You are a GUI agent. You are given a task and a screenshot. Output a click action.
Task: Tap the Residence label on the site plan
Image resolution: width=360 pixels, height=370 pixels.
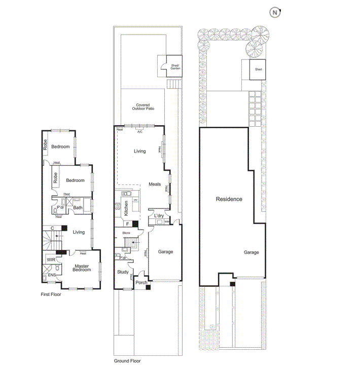[229, 199]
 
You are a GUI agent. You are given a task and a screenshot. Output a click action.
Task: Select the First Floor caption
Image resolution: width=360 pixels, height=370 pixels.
[51, 294]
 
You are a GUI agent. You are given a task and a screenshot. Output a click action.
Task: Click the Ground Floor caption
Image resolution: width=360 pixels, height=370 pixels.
[127, 361]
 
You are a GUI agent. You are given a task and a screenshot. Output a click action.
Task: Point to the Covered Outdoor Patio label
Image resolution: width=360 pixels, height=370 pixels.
[142, 107]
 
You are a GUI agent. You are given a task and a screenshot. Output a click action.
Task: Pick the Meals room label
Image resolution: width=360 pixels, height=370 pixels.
[155, 184]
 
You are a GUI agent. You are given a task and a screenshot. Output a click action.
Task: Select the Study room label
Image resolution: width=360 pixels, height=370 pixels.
[123, 272]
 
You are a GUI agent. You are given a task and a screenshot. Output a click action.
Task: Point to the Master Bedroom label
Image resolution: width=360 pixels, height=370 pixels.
[82, 268]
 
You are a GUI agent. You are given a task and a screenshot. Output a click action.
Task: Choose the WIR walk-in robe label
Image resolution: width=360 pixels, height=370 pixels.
[51, 260]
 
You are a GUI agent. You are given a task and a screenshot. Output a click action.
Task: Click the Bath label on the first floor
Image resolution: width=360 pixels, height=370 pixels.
[78, 207]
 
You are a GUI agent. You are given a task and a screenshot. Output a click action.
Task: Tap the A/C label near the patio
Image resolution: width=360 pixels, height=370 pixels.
[140, 132]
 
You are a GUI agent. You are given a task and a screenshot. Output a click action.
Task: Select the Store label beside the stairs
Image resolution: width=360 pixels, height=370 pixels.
[127, 233]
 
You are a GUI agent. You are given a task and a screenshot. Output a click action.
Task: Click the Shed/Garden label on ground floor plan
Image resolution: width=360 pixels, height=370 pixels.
[175, 66]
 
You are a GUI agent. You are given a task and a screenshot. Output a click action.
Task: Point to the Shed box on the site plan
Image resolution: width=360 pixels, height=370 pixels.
[258, 69]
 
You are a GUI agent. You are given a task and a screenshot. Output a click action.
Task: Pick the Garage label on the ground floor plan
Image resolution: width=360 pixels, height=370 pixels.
[165, 251]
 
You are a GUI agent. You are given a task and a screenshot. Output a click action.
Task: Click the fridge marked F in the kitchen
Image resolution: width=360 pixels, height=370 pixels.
[128, 224]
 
